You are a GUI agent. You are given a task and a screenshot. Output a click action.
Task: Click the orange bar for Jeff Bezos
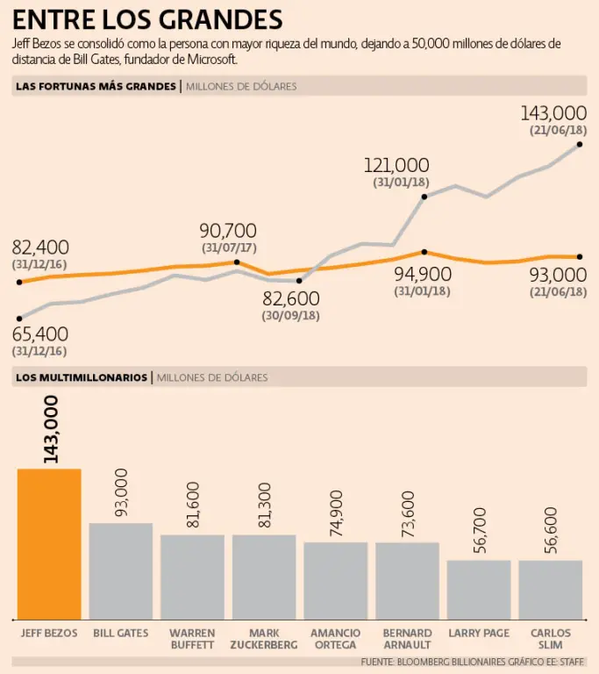click(49, 544)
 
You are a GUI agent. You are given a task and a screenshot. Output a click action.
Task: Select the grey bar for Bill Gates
click(121, 570)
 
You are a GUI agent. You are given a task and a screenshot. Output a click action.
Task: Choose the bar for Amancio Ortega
click(336, 580)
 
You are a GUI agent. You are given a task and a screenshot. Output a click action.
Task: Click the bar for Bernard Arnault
click(407, 580)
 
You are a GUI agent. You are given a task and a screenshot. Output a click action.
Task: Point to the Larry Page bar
click(479, 589)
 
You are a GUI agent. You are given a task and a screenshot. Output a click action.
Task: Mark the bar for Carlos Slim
click(550, 589)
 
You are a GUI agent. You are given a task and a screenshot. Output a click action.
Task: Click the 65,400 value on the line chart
click(40, 334)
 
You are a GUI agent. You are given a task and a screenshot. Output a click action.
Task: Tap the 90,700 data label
click(228, 231)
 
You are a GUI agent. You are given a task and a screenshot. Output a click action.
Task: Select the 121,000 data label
click(397, 165)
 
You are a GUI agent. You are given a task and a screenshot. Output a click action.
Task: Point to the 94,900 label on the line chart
click(423, 274)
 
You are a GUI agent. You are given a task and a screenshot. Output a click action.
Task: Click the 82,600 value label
click(291, 298)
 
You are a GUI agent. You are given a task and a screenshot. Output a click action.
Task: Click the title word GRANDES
click(218, 19)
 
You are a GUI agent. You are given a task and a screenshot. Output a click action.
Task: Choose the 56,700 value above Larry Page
click(479, 529)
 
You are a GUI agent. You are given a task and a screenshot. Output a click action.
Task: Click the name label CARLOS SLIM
click(550, 639)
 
